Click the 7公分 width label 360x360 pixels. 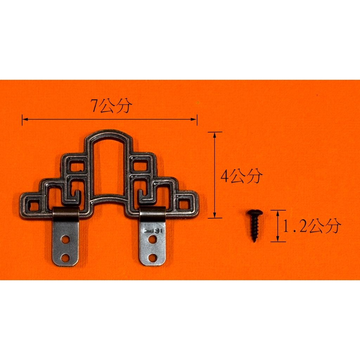coord(111,106)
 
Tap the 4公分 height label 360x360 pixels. coord(242,176)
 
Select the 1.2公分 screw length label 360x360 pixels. coord(311,226)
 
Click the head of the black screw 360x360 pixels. coord(255,213)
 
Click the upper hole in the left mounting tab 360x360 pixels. coord(65,239)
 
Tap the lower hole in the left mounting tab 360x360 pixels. coord(65,258)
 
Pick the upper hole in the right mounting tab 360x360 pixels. coord(153,239)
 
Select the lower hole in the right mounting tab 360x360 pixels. coord(153,258)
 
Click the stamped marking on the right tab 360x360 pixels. coord(153,231)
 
